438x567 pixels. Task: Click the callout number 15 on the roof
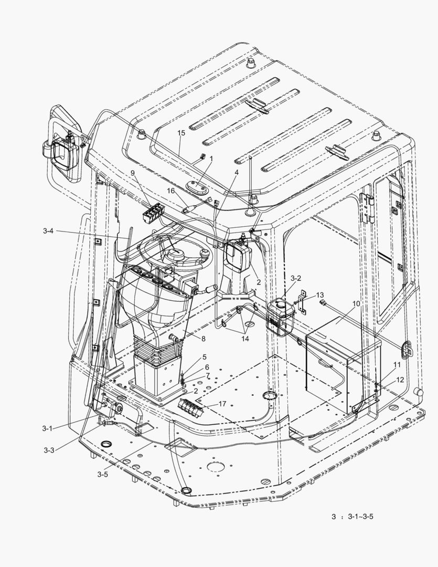tap(181, 133)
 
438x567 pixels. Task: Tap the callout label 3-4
tap(49, 230)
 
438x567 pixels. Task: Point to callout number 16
tap(170, 191)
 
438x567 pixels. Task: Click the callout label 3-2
tap(296, 278)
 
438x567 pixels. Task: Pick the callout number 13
tap(320, 295)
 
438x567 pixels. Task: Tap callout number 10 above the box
tap(356, 304)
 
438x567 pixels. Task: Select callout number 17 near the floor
tap(222, 404)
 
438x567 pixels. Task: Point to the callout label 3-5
tap(102, 474)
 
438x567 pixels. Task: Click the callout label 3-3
tap(49, 450)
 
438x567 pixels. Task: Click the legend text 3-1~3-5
tap(360, 517)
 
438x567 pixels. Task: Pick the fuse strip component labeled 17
tap(191, 407)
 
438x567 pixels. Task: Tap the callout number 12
tap(400, 379)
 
